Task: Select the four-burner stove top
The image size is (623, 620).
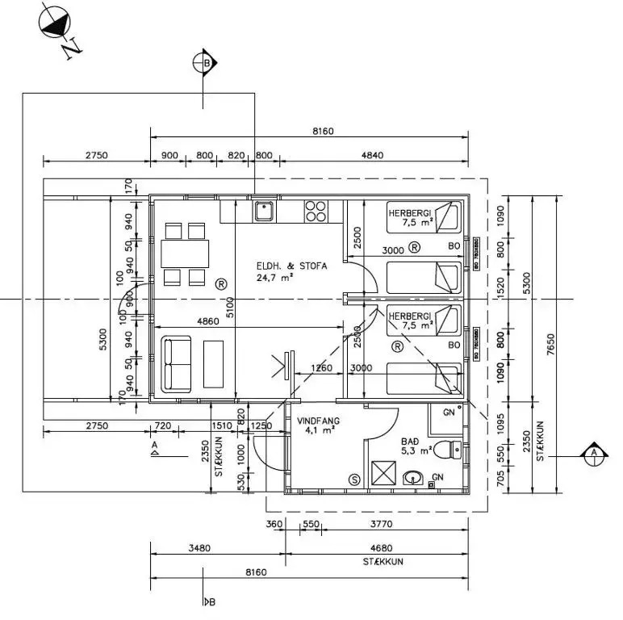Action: (316, 212)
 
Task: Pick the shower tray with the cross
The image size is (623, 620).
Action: (383, 471)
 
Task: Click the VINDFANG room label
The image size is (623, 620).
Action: (317, 420)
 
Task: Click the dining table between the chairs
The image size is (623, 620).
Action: (185, 254)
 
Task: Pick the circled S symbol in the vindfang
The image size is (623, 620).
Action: (353, 479)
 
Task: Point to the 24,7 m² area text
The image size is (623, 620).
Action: (275, 277)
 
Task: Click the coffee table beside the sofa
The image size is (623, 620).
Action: (215, 364)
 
